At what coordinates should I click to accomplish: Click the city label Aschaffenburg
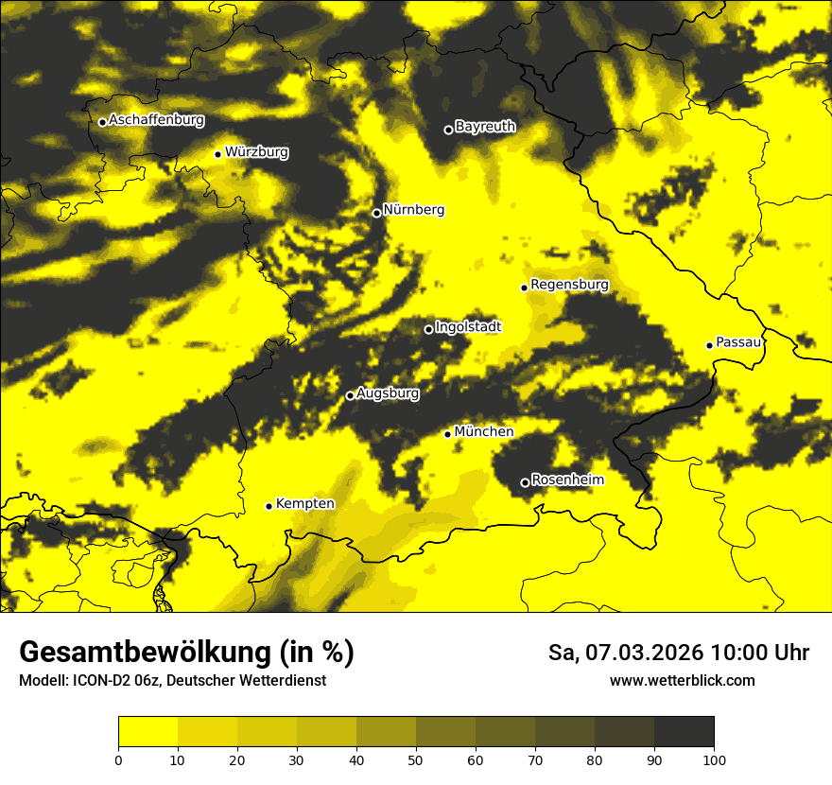156,120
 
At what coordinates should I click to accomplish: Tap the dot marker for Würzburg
217,154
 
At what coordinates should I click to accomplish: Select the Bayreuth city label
485,127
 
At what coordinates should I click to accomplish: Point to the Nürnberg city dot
376,213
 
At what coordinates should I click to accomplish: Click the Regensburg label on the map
569,285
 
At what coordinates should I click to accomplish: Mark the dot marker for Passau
709,345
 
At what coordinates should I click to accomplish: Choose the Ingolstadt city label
468,327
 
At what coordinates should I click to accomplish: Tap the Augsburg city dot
350,395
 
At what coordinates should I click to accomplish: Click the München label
483,432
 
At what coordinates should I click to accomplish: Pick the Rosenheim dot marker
525,482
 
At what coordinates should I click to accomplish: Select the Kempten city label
304,504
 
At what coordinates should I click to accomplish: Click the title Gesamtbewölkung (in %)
186,653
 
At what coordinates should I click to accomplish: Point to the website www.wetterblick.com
682,680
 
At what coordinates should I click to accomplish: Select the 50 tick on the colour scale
416,759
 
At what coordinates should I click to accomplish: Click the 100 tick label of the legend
714,759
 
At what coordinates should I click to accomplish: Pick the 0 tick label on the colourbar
118,759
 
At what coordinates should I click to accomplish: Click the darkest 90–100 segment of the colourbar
684,732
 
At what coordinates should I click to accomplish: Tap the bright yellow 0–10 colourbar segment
148,732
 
